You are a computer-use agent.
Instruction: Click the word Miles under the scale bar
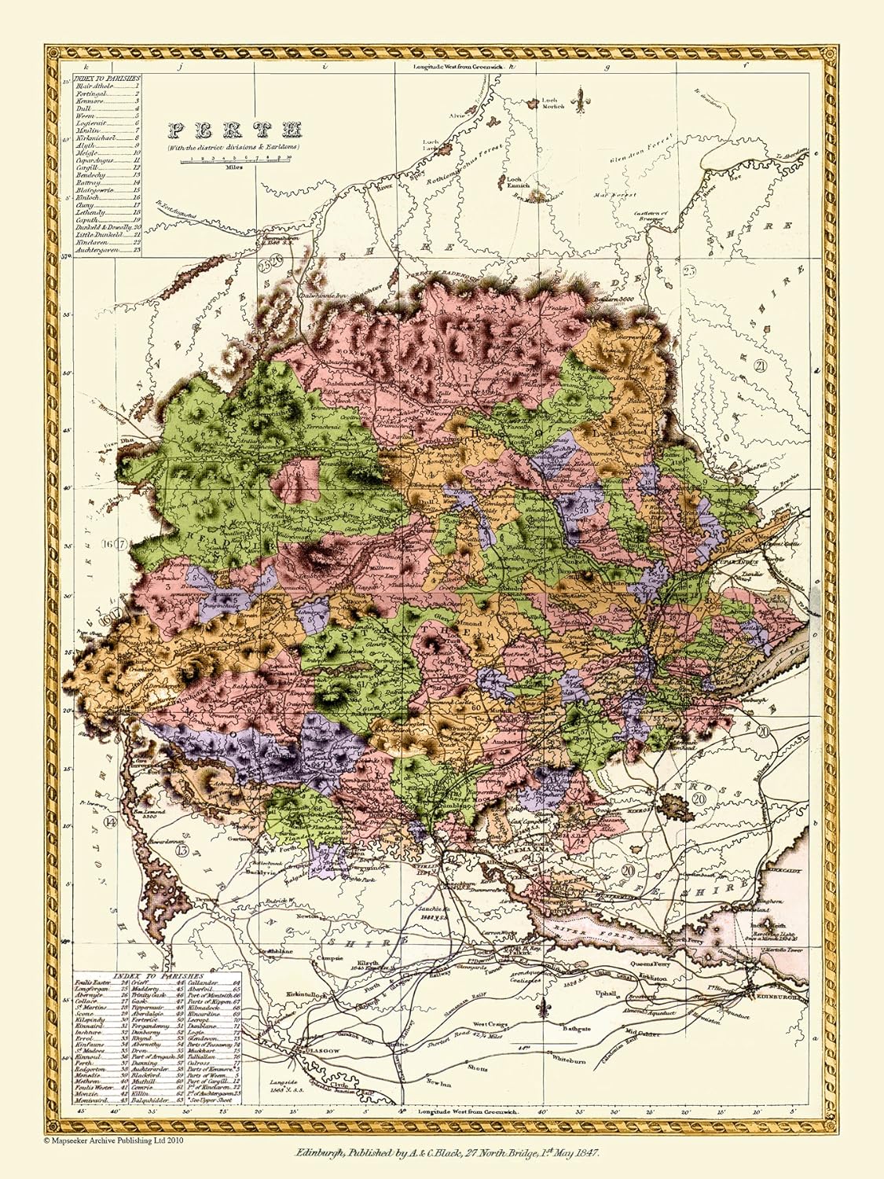(234, 167)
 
